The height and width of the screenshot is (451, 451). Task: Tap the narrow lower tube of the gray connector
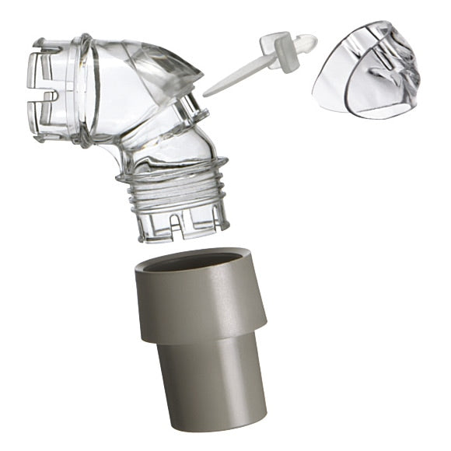click(210, 373)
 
